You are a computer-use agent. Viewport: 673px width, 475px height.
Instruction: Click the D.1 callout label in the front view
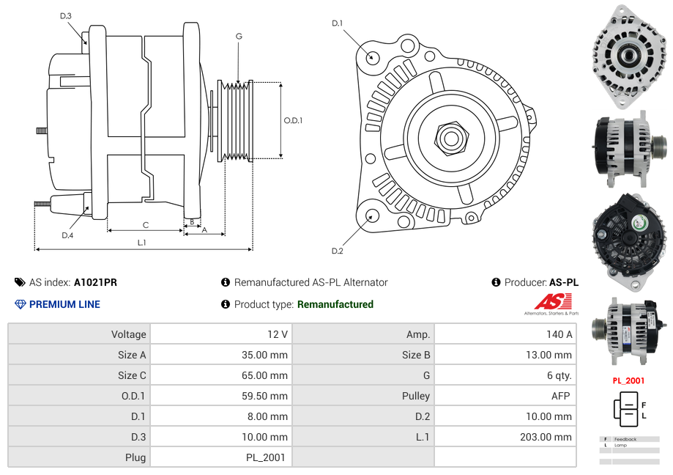(x=337, y=23)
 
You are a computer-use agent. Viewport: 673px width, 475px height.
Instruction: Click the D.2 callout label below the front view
(x=337, y=251)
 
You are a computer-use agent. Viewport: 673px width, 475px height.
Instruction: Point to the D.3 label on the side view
(x=66, y=16)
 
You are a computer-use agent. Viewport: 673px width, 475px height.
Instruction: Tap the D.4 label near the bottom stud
(x=67, y=235)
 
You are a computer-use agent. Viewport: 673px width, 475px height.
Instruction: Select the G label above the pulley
(x=239, y=36)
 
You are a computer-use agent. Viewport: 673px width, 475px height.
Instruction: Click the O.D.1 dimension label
(x=293, y=120)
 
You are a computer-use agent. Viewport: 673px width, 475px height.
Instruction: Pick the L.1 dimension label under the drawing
(x=142, y=242)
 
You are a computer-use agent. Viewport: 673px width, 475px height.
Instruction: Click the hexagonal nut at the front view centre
(x=450, y=136)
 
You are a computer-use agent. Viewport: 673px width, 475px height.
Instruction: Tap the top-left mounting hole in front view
(x=372, y=56)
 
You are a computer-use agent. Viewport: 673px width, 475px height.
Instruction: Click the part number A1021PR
(x=95, y=282)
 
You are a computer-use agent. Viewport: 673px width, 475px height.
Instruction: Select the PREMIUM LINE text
(x=64, y=304)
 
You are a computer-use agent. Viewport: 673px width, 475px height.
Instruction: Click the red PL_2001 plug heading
(x=628, y=380)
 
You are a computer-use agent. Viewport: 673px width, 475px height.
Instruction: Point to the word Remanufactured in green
(x=335, y=304)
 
